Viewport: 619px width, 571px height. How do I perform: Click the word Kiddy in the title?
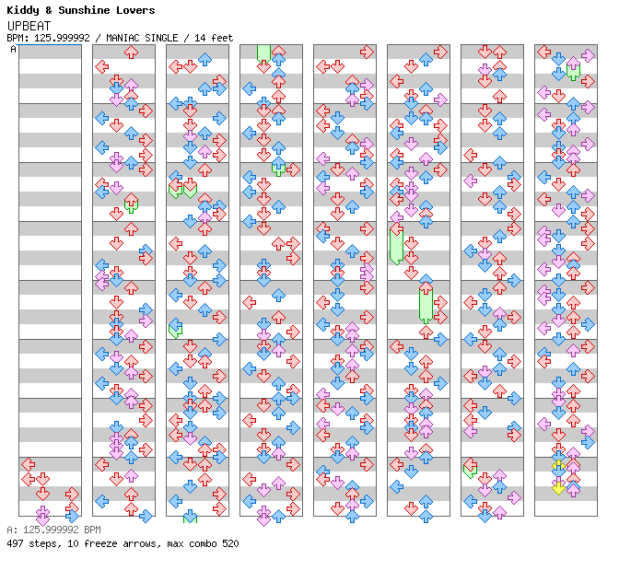(x=22, y=10)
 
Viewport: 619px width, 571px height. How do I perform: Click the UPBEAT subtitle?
(x=29, y=25)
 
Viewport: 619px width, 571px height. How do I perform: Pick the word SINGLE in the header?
(x=167, y=38)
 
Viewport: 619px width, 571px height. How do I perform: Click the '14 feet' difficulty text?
(x=214, y=38)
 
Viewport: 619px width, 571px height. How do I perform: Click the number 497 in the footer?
(x=16, y=543)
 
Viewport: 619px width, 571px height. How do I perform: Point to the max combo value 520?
(x=228, y=543)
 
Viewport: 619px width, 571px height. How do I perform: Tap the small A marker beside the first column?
(x=13, y=49)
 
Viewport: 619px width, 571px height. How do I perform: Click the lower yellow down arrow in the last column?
(x=558, y=486)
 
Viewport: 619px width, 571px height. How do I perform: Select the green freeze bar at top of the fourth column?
(x=263, y=52)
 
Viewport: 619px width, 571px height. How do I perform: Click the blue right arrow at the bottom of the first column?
(x=72, y=508)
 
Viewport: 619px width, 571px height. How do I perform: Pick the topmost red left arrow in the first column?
(x=28, y=464)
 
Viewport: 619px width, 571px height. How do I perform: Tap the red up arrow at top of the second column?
(x=131, y=52)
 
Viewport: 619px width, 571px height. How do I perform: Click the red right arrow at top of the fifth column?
(x=367, y=52)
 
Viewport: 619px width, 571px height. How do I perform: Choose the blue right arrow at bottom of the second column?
(x=146, y=516)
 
